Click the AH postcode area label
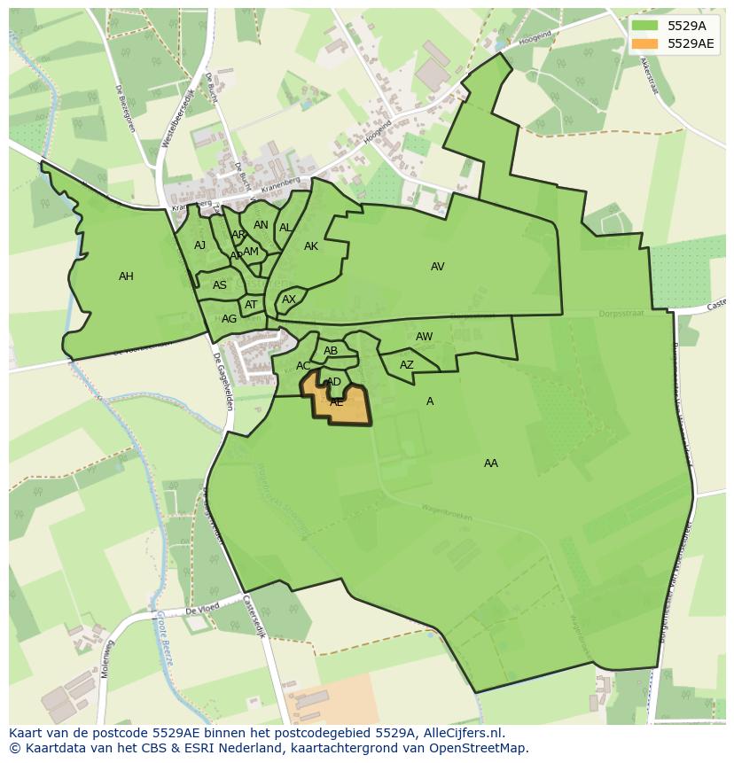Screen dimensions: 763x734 click(126, 276)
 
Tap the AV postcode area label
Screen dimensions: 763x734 click(437, 267)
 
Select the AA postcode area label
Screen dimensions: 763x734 click(490, 463)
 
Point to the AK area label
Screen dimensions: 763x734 click(310, 246)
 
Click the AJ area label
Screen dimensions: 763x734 click(199, 245)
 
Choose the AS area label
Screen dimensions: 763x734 click(219, 285)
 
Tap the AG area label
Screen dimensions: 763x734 click(229, 319)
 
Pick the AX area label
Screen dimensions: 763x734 click(288, 300)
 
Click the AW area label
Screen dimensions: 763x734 click(424, 337)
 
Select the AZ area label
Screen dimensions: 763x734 click(406, 365)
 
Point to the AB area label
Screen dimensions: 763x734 click(331, 351)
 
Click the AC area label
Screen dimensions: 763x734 click(303, 366)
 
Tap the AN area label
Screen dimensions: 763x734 click(261, 225)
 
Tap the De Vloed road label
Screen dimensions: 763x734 click(201, 611)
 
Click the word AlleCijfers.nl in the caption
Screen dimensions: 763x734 click(462, 733)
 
